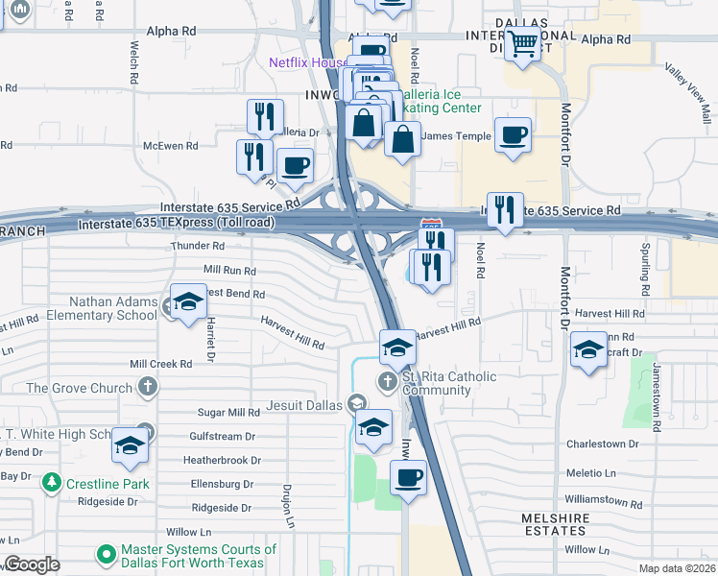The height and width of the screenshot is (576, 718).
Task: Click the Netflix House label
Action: point(307,63)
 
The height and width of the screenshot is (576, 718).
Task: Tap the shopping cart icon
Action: point(523,43)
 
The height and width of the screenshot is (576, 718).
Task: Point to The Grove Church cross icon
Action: point(146,388)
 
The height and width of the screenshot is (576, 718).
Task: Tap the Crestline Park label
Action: point(108,484)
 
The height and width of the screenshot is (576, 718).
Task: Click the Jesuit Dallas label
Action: point(305,405)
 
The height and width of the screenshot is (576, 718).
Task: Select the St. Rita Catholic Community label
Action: point(437,383)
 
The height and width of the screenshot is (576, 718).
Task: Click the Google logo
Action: point(32,564)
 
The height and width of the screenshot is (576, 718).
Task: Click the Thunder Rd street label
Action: point(190,247)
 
